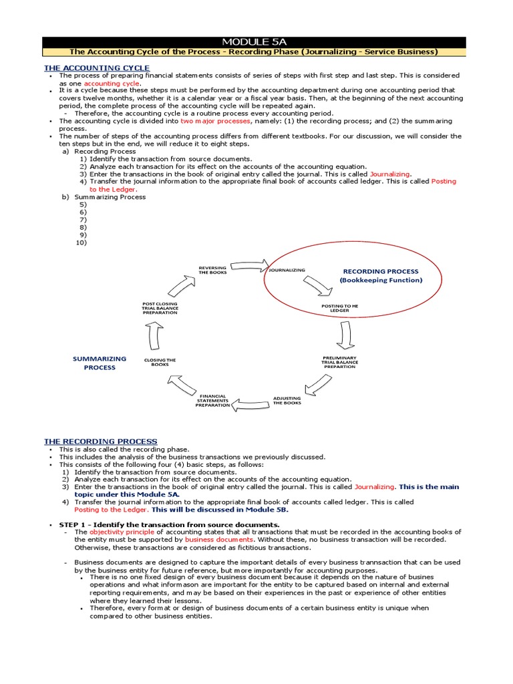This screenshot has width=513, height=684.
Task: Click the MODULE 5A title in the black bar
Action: [256, 41]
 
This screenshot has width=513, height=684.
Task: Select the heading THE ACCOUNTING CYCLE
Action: [97, 68]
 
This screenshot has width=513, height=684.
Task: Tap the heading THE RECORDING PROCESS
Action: [101, 442]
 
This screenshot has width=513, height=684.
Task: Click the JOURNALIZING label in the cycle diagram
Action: [287, 270]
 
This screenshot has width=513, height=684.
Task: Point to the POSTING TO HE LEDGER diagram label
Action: [340, 308]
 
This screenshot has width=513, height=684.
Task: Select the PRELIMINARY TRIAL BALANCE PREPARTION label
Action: [340, 362]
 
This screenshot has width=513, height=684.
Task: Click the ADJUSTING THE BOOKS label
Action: [287, 400]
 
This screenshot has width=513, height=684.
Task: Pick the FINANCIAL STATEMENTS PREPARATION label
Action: [212, 400]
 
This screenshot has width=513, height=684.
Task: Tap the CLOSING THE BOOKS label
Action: [160, 362]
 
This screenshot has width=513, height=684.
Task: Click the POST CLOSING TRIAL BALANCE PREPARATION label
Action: [160, 308]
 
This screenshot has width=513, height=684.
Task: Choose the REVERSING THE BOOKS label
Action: [212, 270]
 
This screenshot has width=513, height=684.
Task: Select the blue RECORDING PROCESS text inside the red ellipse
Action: [381, 271]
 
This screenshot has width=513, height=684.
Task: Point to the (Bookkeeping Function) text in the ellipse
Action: [381, 281]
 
